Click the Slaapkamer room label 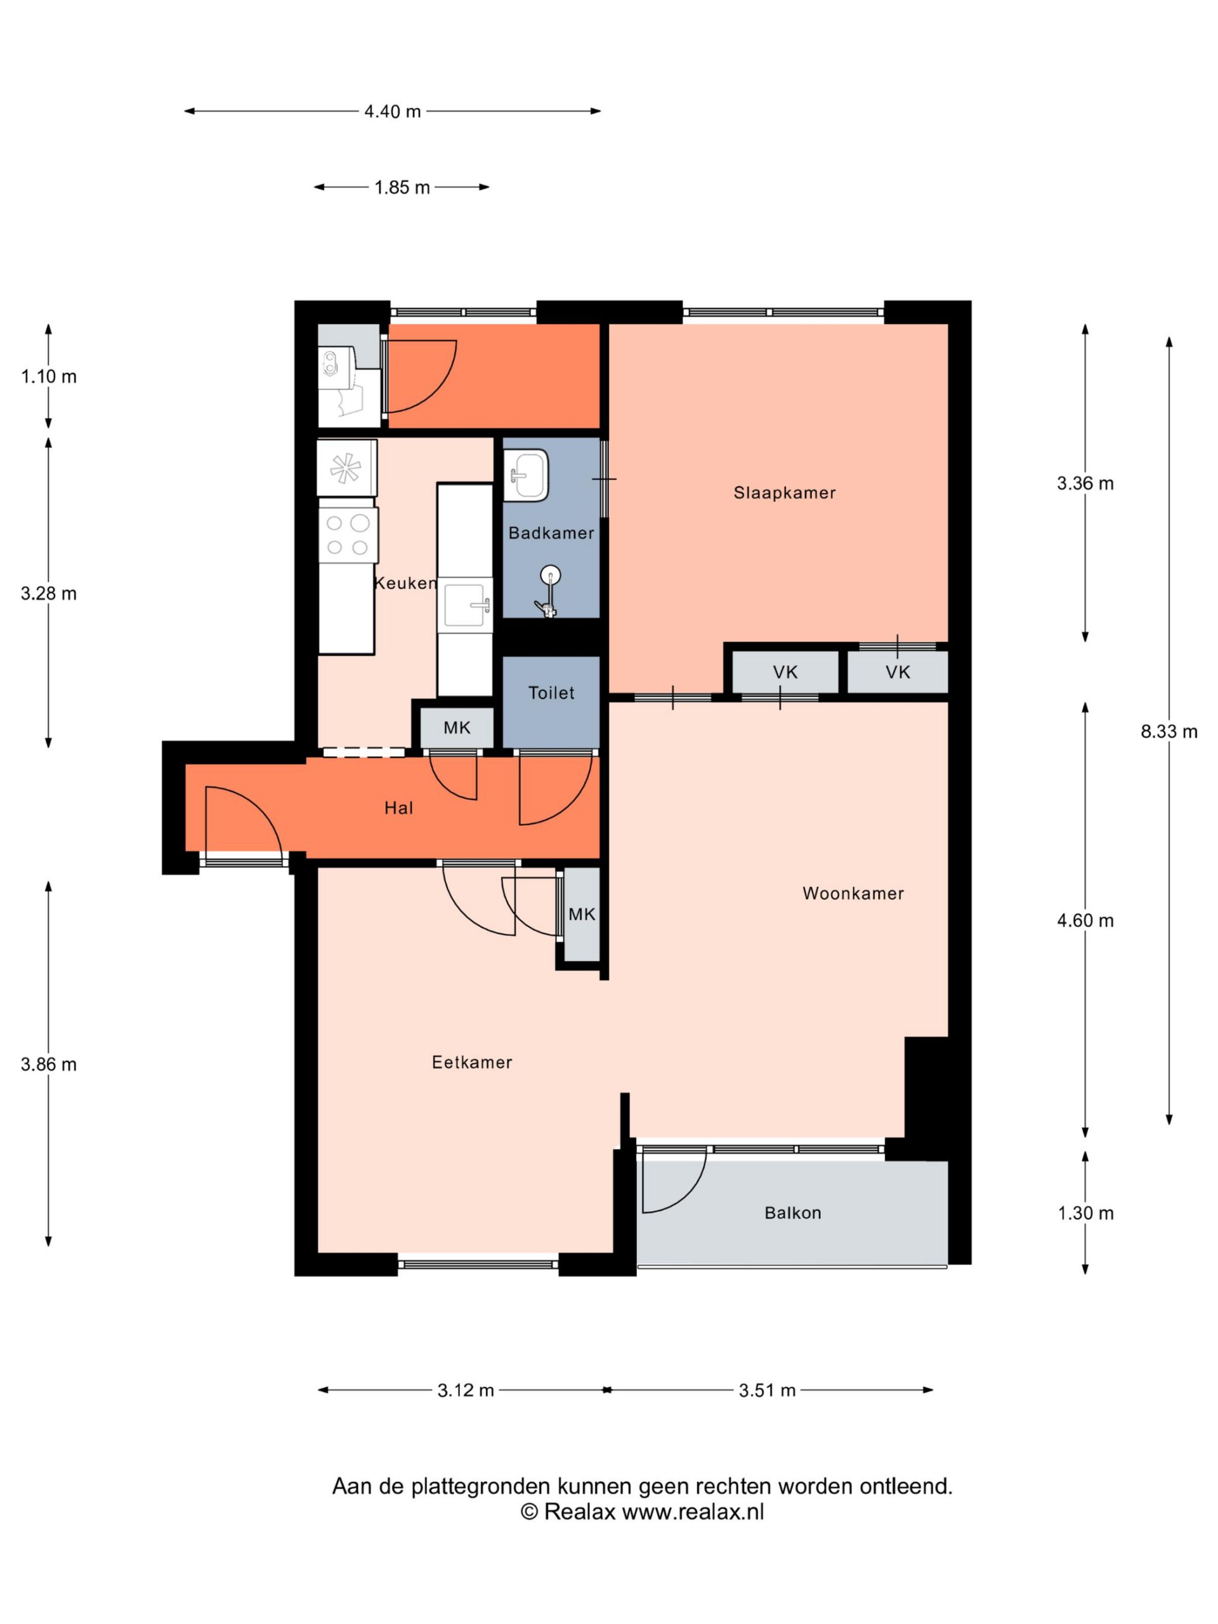pos(784,493)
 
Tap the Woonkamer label pos(853,893)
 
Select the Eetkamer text pos(472,1063)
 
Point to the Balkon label pos(793,1213)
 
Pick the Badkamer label pos(551,533)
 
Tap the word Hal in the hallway pos(398,808)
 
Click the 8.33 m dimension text pos(1169,731)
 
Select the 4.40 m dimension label pos(393,112)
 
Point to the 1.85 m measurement pos(402,187)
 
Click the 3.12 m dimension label pos(466,1390)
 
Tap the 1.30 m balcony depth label pos(1086,1213)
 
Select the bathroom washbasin pos(527,475)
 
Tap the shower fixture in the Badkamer pos(549,591)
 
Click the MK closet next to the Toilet pos(457,728)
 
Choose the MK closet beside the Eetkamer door pos(582,914)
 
